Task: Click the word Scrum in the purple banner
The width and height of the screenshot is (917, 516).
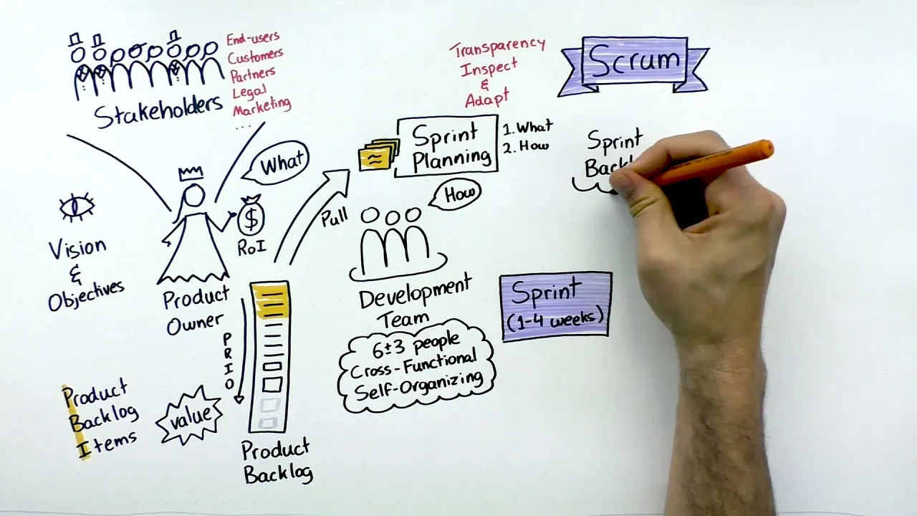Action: [634, 61]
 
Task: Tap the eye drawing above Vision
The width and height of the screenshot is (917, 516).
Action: [77, 207]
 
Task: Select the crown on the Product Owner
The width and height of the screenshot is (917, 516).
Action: [191, 173]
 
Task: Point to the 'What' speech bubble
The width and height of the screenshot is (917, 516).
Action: [280, 164]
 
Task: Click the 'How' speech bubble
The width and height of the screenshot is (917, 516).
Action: [456, 194]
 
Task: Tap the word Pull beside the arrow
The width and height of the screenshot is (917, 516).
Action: [334, 216]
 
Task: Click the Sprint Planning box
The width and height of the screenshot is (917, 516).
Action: [447, 145]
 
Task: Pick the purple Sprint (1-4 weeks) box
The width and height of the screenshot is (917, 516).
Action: [557, 304]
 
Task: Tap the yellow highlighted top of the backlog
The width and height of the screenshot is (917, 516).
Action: [271, 301]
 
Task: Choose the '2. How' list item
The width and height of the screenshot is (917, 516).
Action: [526, 145]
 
